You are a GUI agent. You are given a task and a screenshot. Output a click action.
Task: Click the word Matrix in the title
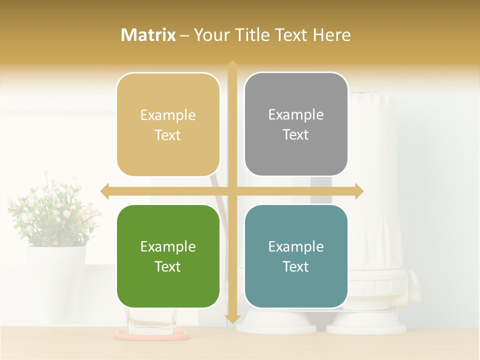pos(148,35)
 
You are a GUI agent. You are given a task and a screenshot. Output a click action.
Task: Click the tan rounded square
pos(168,124)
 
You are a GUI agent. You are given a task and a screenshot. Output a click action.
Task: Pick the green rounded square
pos(168,256)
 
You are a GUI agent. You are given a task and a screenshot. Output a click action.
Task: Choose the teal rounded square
pos(296,256)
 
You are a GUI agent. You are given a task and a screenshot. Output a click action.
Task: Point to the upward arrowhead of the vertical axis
pos(232,65)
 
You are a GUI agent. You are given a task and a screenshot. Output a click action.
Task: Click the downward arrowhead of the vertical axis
pos(232,318)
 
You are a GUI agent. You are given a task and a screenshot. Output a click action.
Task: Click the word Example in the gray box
pos(296,114)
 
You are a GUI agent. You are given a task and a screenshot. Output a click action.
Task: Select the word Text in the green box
pos(168,266)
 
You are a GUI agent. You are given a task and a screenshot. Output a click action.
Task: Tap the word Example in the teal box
pos(296,246)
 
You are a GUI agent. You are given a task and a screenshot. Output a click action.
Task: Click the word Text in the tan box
pos(168,135)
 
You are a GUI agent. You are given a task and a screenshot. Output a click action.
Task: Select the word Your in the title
pos(212,35)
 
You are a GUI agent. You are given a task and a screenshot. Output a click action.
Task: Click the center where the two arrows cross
pos(232,190)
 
